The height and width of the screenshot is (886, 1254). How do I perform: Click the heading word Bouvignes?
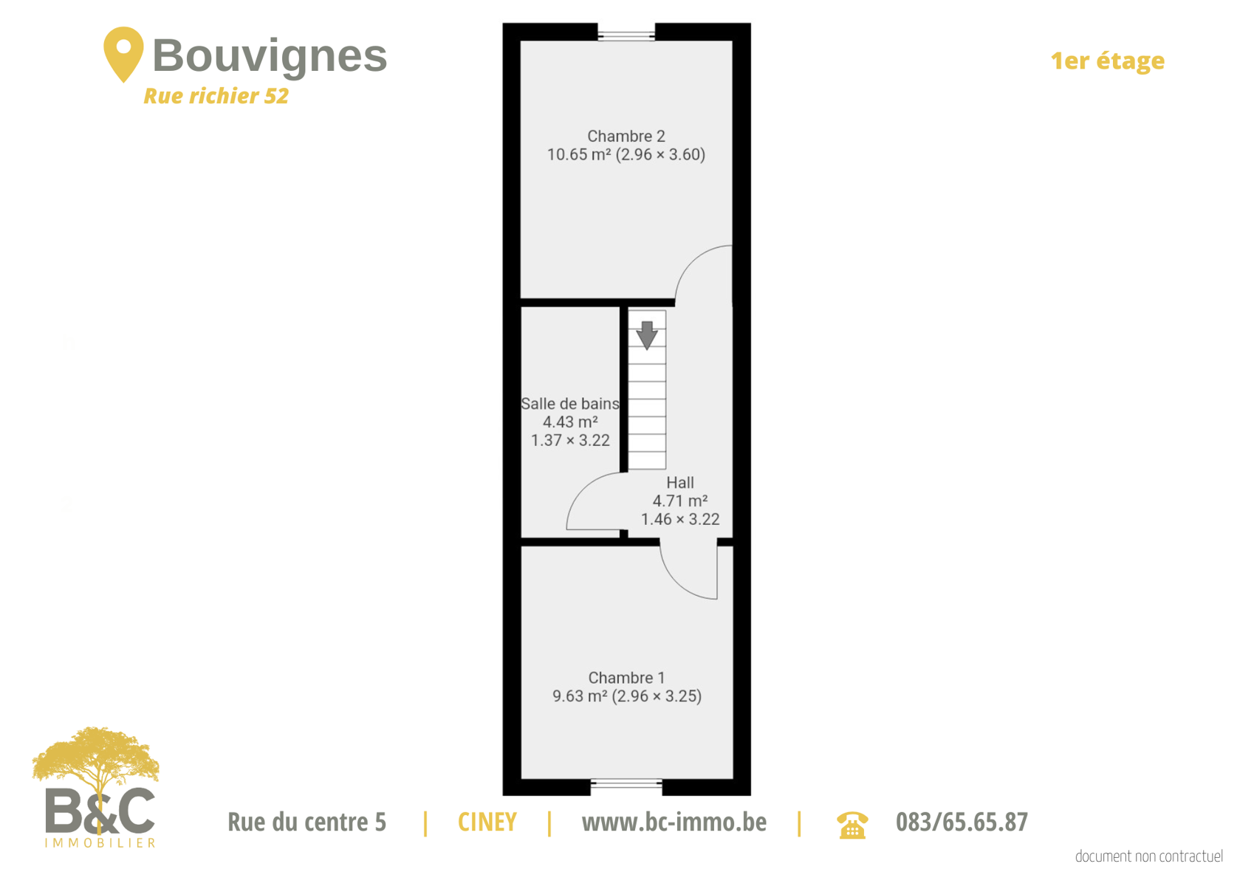pos(270,55)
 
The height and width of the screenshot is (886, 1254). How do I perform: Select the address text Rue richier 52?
pos(216,96)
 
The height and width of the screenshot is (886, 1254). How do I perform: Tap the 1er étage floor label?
pos(1107,61)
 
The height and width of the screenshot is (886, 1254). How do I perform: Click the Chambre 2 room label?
pos(626,136)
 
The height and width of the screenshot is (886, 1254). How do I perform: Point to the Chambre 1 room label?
pos(626,678)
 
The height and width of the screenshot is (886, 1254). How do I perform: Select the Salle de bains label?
pos(570,404)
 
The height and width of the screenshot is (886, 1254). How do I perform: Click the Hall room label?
pos(680,482)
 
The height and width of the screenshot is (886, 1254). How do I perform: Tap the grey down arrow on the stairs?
pos(647,335)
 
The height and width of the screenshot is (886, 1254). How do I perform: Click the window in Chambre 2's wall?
pos(626,35)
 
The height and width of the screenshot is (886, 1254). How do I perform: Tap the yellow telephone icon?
pos(852,825)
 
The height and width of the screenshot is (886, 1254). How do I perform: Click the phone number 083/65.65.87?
pos(962,822)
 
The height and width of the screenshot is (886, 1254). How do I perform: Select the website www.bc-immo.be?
pos(674,822)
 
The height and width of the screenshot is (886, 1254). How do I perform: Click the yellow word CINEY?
pos(487,822)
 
